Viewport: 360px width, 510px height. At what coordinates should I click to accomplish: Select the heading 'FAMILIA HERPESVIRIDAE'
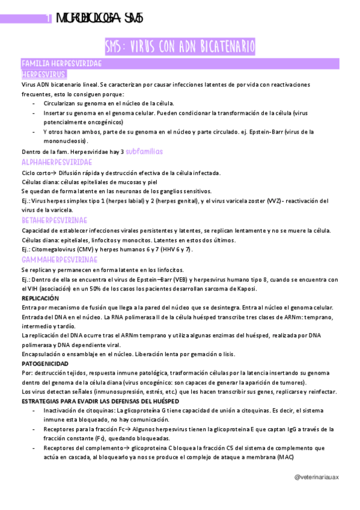pyautogui.click(x=61, y=64)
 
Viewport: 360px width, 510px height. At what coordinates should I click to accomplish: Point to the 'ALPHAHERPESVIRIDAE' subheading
pyautogui.click(x=56, y=163)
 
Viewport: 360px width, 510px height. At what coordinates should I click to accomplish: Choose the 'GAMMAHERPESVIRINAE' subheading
pyautogui.click(x=59, y=259)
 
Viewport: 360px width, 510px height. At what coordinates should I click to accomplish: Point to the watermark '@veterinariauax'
pyautogui.click(x=317, y=477)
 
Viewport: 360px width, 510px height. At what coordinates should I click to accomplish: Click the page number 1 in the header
pyautogui.click(x=48, y=19)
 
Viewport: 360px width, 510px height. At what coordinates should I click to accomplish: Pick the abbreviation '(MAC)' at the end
pyautogui.click(x=285, y=457)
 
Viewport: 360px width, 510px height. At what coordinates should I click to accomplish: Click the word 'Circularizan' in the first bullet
pyautogui.click(x=62, y=103)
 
